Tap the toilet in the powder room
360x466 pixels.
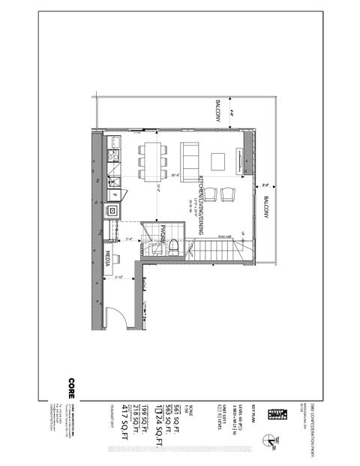pos(172,245)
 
